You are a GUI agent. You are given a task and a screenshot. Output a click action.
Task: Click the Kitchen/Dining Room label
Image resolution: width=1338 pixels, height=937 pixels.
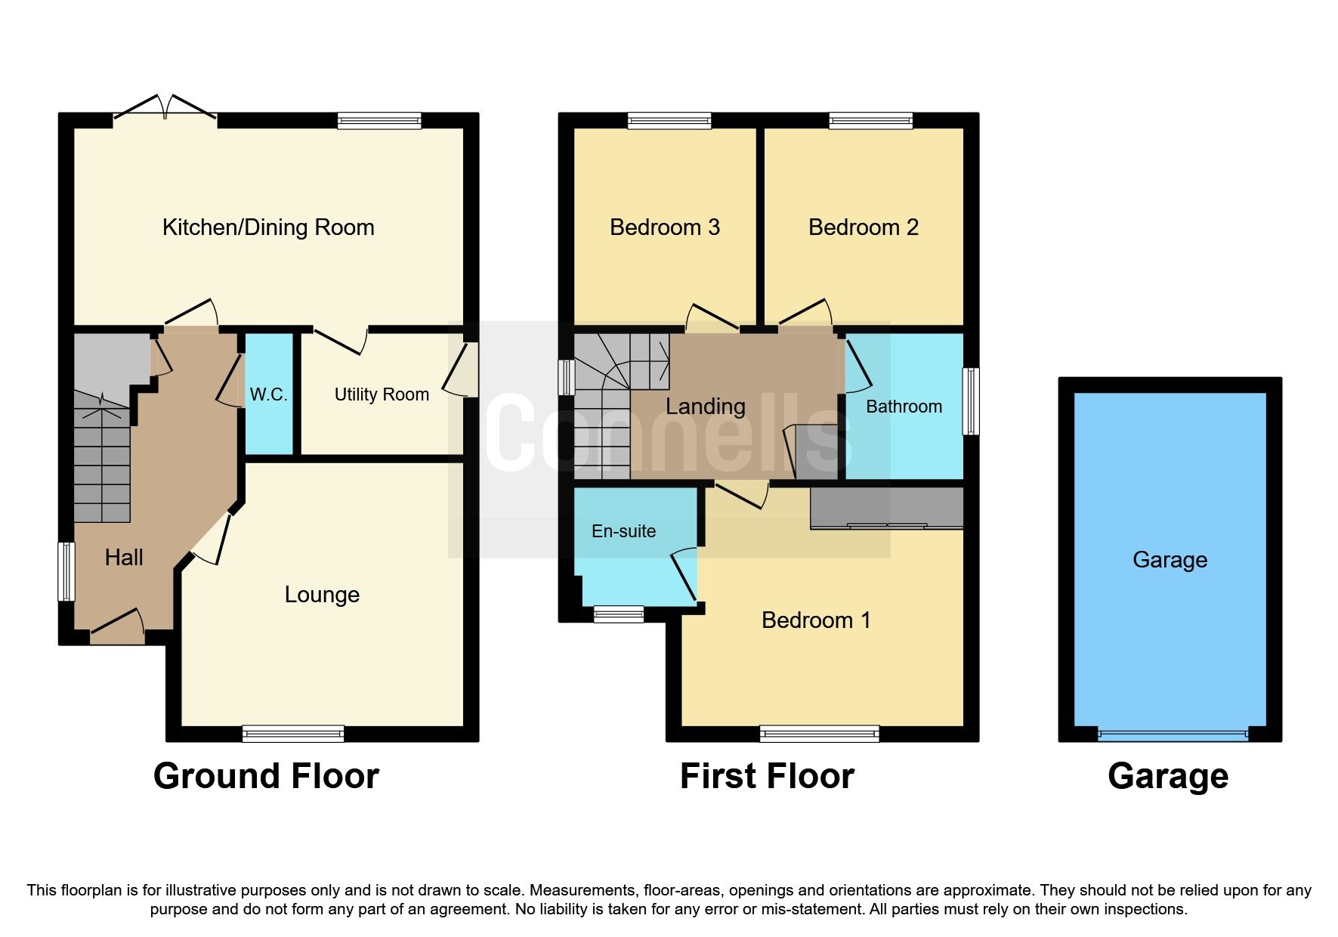pos(268,227)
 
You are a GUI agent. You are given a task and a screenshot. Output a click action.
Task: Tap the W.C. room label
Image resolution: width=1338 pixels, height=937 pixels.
pos(268,394)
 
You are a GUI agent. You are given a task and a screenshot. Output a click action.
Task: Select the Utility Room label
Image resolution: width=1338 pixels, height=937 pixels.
pos(382,394)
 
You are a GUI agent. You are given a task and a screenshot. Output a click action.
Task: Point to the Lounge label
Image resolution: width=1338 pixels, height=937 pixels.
pos(322,595)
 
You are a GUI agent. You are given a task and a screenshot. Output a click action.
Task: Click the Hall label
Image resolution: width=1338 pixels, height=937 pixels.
pos(124,558)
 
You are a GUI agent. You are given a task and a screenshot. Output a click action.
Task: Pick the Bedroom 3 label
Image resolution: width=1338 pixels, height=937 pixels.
pos(664,227)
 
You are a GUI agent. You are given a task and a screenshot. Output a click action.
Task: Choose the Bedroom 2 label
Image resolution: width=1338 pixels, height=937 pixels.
pos(863,227)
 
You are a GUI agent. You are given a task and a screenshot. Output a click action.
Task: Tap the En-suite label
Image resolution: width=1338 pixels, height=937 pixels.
pos(623,531)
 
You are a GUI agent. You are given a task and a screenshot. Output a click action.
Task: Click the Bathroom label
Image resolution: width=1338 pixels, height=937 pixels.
pos(904,407)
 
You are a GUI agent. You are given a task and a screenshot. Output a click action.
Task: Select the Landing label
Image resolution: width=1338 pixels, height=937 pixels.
pos(705,407)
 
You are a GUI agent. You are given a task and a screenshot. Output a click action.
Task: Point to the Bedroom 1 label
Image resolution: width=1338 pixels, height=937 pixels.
pos(816,620)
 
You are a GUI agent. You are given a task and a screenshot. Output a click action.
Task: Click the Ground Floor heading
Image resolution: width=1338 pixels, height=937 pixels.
pos(266,777)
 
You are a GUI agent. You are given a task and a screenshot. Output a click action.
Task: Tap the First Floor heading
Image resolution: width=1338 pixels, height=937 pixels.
pos(767,777)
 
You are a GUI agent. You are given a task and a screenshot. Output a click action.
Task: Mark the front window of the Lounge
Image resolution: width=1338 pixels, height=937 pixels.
pos(293,733)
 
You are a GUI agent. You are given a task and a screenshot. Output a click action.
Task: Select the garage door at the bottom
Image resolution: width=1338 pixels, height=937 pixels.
pos(1173,734)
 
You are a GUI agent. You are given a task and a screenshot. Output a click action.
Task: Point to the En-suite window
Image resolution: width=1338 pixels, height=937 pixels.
pos(618,614)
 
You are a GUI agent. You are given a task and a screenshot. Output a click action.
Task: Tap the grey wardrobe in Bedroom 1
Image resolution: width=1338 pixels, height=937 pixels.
pos(886,508)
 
